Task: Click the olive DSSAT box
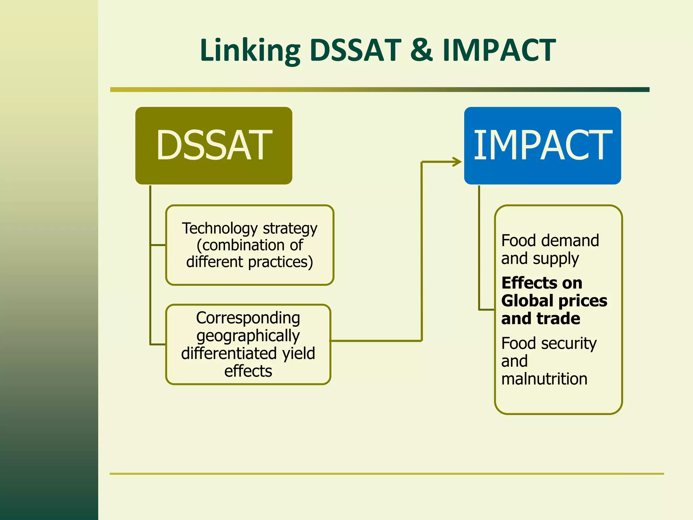214,146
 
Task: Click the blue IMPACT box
542,146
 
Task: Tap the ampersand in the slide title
421,50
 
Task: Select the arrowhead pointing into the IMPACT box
457,162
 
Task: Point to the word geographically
248,336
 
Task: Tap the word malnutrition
544,379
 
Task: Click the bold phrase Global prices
554,301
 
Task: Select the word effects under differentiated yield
248,371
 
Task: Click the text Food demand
550,241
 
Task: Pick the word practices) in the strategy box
281,262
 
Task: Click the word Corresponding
248,318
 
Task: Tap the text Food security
549,344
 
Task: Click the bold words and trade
541,319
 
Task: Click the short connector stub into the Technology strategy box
158,245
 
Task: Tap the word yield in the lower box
298,353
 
